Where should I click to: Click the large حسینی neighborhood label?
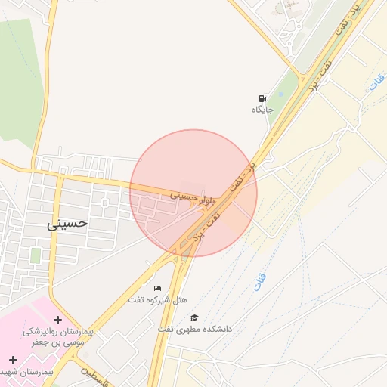68,224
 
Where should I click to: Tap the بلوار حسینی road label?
193,198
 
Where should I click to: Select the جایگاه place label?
262,110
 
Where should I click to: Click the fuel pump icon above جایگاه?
262,98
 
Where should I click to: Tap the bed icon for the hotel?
157,288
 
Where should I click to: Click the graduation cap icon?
194,318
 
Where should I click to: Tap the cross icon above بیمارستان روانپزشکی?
57,320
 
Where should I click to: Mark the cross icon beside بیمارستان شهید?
13,360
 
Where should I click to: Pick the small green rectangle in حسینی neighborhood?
36,255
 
